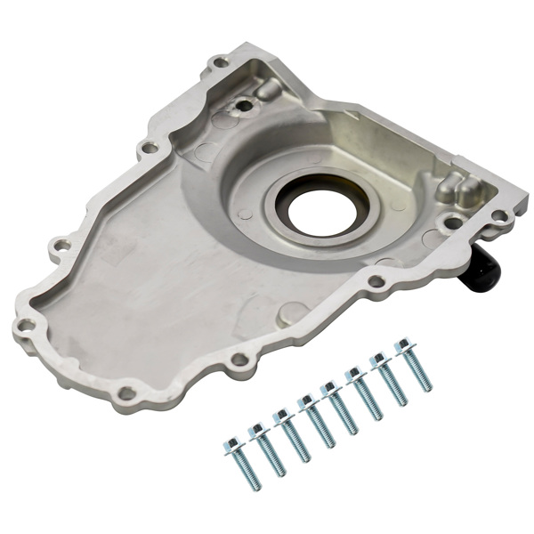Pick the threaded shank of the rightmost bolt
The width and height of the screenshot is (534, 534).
click(x=419, y=373)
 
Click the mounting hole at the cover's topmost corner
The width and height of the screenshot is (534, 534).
click(x=219, y=63)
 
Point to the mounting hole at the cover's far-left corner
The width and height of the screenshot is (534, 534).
click(x=28, y=325)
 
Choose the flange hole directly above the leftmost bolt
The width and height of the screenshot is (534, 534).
click(x=239, y=360)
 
